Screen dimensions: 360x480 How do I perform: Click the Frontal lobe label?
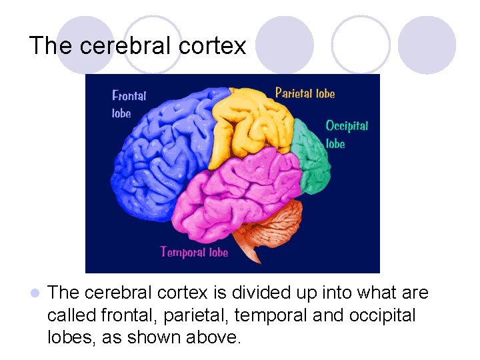click(129, 104)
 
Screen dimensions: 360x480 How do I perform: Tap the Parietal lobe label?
click(305, 93)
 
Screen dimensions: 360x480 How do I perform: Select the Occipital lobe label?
click(346, 133)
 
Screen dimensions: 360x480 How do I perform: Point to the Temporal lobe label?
click(194, 252)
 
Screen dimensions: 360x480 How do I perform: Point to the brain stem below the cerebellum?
click(253, 251)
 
